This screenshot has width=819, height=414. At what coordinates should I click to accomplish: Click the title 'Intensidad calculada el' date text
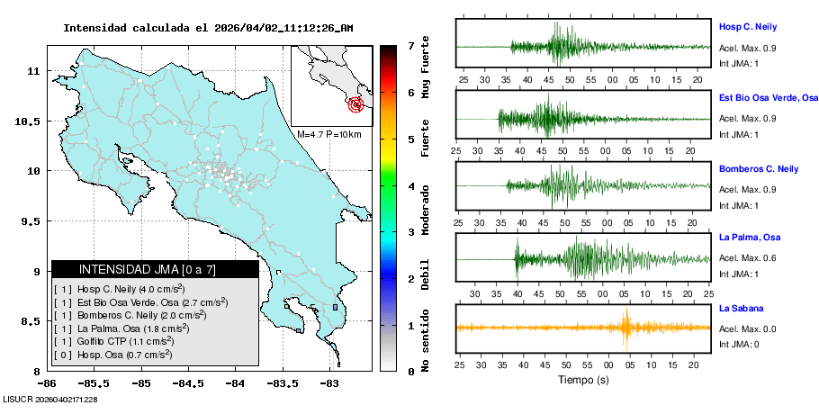click(208, 28)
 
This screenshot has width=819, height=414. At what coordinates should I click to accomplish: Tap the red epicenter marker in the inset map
click(357, 104)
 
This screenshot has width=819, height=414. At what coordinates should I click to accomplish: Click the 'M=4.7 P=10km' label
click(328, 135)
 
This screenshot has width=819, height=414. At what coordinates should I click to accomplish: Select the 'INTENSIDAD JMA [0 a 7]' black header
click(155, 269)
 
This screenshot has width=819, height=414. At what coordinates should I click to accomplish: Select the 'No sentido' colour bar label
click(426, 341)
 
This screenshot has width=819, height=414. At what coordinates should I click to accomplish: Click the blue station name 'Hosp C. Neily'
click(747, 27)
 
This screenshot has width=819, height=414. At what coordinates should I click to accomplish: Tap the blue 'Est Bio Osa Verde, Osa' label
click(768, 97)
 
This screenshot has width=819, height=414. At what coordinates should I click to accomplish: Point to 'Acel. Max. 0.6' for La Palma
click(749, 258)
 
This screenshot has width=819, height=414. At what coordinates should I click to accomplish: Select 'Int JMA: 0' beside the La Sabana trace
click(739, 344)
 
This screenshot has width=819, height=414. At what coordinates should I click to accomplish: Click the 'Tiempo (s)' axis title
click(582, 380)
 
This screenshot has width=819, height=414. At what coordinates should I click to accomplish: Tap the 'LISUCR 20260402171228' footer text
click(50, 399)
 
